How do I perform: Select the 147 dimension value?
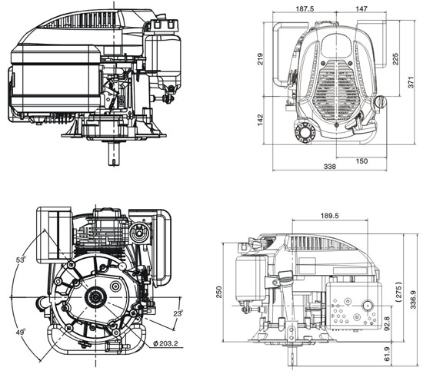pyautogui.click(x=360, y=10)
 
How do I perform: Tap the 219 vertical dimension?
pyautogui.click(x=261, y=58)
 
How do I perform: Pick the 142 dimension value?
pyautogui.click(x=261, y=120)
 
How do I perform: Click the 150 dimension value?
pyautogui.click(x=361, y=161)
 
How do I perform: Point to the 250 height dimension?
pyautogui.click(x=219, y=293)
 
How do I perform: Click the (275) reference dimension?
pyautogui.click(x=398, y=295)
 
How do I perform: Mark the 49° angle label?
pyautogui.click(x=18, y=332)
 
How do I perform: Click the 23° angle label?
pyautogui.click(x=178, y=313)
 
